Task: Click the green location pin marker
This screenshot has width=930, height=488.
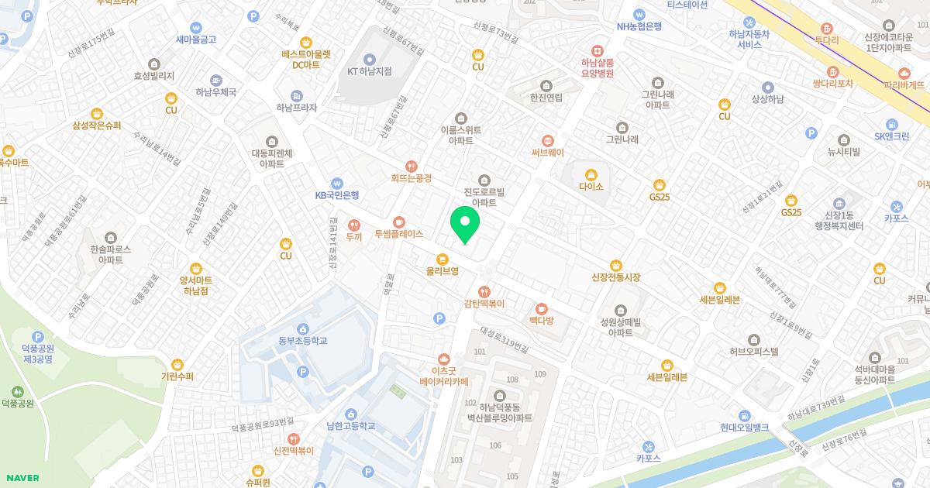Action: pos(465,224)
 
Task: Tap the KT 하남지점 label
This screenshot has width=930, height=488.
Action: pos(369,71)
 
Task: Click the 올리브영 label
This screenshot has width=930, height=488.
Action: pos(443,271)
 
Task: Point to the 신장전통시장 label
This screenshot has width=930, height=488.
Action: pos(615,277)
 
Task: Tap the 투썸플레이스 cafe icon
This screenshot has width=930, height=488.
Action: pos(399,221)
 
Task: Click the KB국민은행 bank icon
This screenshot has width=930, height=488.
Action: pos(336,183)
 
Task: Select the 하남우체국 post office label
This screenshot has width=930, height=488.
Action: pos(215,92)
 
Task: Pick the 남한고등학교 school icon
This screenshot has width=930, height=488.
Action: pos(351,414)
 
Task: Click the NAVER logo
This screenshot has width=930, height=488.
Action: pos(22,478)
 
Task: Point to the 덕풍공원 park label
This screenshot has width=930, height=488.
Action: pos(17,404)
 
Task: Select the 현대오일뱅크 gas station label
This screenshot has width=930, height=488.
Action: pos(744,428)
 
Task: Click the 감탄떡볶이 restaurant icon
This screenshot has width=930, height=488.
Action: pos(484,291)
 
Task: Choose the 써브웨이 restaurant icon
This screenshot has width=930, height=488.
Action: pos(548,140)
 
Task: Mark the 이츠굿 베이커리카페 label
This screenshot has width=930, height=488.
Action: pos(444,376)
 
